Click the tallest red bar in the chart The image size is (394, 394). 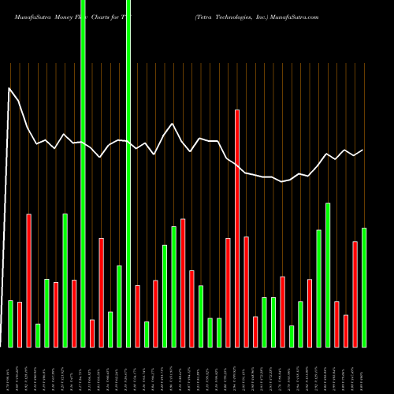click(x=236, y=229)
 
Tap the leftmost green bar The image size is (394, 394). click(x=10, y=323)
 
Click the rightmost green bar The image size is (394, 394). click(x=363, y=287)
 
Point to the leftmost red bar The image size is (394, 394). click(x=20, y=324)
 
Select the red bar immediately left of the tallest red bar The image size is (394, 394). click(x=228, y=292)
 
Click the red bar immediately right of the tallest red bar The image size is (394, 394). click(x=246, y=291)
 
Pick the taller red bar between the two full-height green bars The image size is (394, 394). click(x=101, y=292)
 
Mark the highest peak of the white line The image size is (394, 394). click(x=10, y=88)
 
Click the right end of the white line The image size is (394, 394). click(x=363, y=150)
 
